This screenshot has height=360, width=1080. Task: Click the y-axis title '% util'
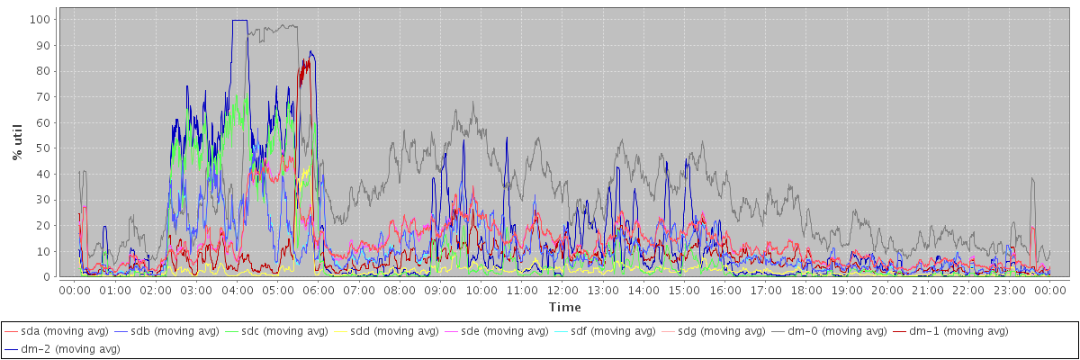pyautogui.click(x=17, y=143)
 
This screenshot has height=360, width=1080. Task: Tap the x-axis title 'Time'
pyautogui.click(x=564, y=308)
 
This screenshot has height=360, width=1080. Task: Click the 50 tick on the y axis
pyautogui.click(x=43, y=148)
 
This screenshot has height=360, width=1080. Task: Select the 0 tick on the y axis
pyautogui.click(x=47, y=277)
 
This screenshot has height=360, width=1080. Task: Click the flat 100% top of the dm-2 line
pyautogui.click(x=239, y=20)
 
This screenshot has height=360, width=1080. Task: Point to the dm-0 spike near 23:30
pyautogui.click(x=1032, y=179)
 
